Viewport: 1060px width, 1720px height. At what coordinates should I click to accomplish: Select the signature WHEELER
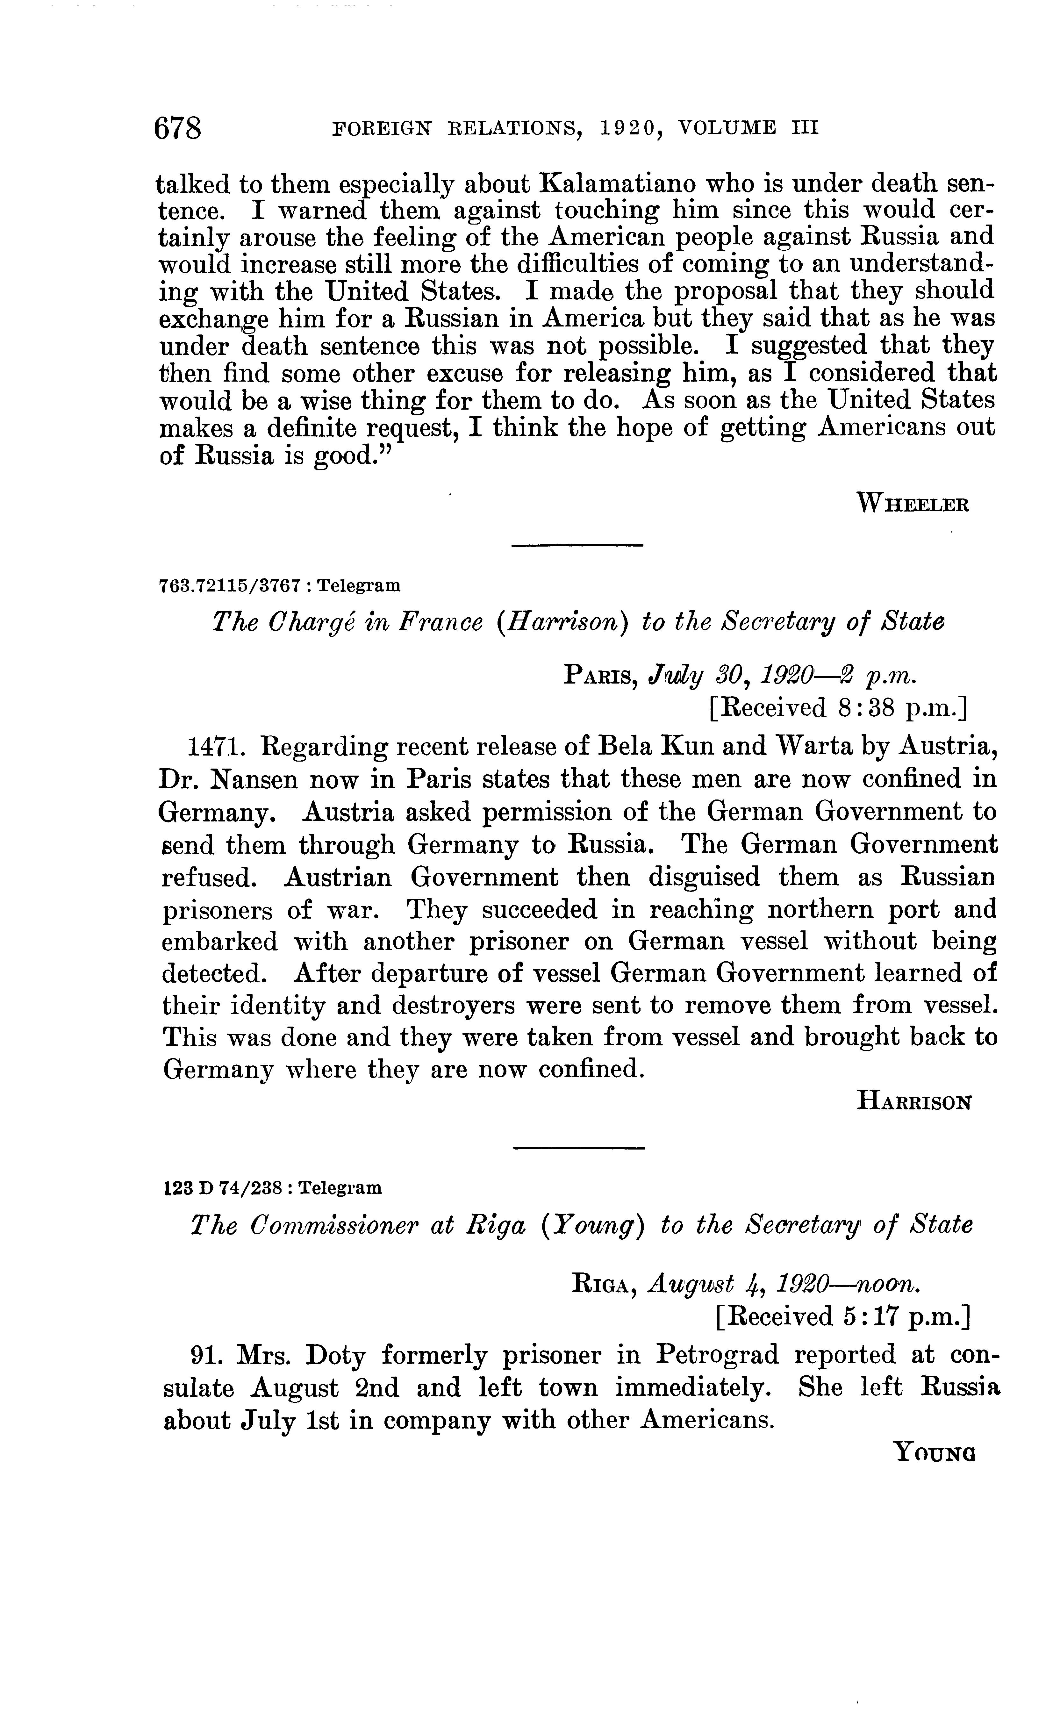pos(912,503)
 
